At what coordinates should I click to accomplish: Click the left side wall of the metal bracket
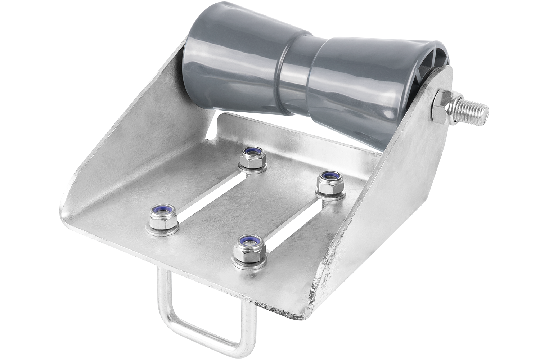(x=119, y=144)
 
